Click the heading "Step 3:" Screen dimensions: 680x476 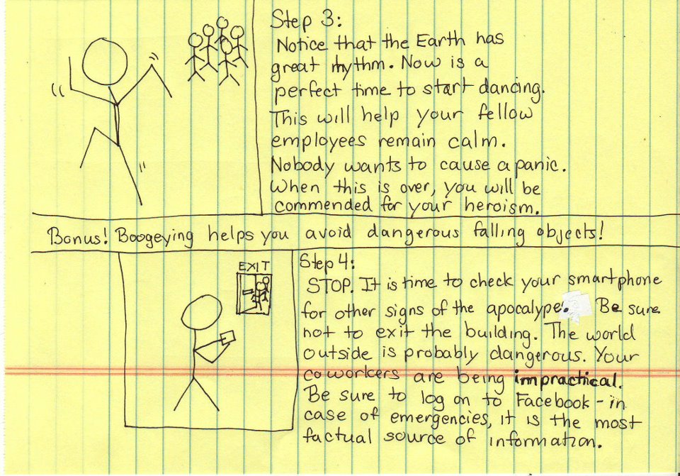306,20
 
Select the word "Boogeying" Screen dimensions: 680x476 155,238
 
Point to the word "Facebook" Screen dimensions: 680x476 554,401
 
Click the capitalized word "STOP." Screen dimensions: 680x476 329,285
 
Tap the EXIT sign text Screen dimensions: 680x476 254,266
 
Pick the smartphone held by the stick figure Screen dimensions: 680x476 227,337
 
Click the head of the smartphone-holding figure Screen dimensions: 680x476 201,313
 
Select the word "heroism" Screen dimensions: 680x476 501,206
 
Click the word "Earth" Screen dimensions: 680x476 440,42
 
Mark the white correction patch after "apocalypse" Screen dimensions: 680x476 574,307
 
